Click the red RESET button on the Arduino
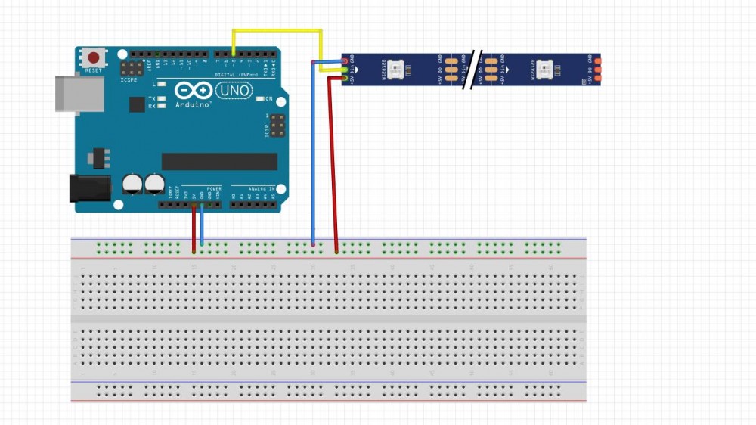[94, 58]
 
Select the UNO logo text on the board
[234, 91]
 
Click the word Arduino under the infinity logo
[193, 104]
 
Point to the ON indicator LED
[259, 99]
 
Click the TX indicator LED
[161, 99]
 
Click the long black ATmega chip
[219, 161]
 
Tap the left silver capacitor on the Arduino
[133, 184]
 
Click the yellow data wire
[277, 31]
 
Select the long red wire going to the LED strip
[330, 159]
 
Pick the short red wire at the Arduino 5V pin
[194, 227]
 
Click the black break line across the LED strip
[475, 70]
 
